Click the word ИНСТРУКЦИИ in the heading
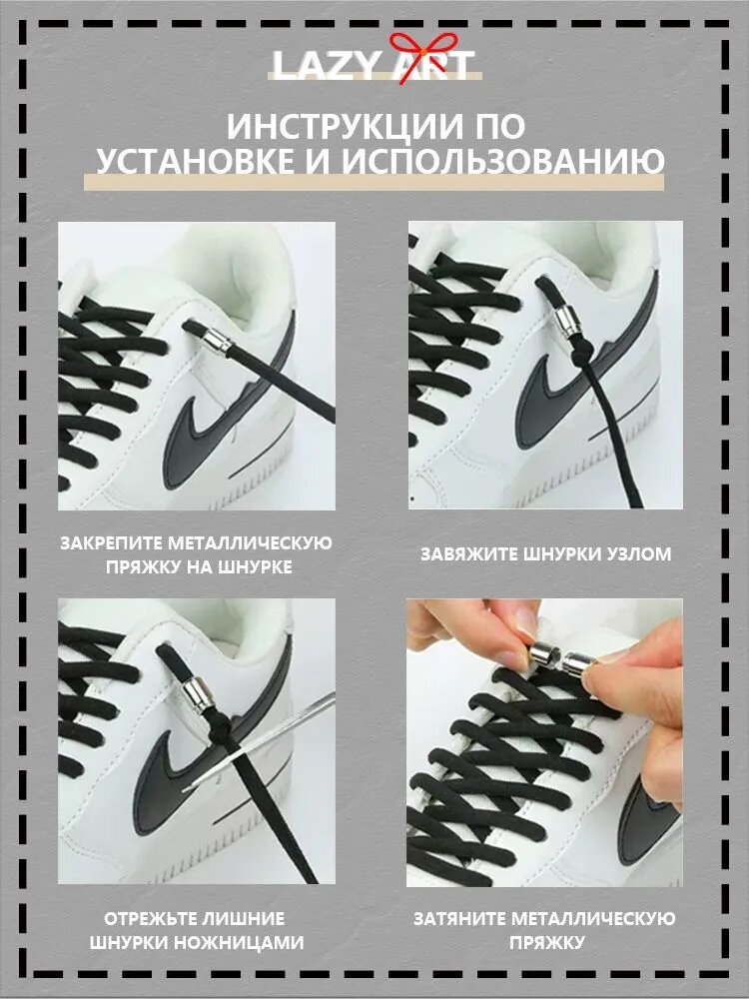346,128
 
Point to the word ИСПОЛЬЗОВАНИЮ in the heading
503,161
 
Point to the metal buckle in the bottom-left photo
199,695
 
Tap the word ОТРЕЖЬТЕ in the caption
147,919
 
